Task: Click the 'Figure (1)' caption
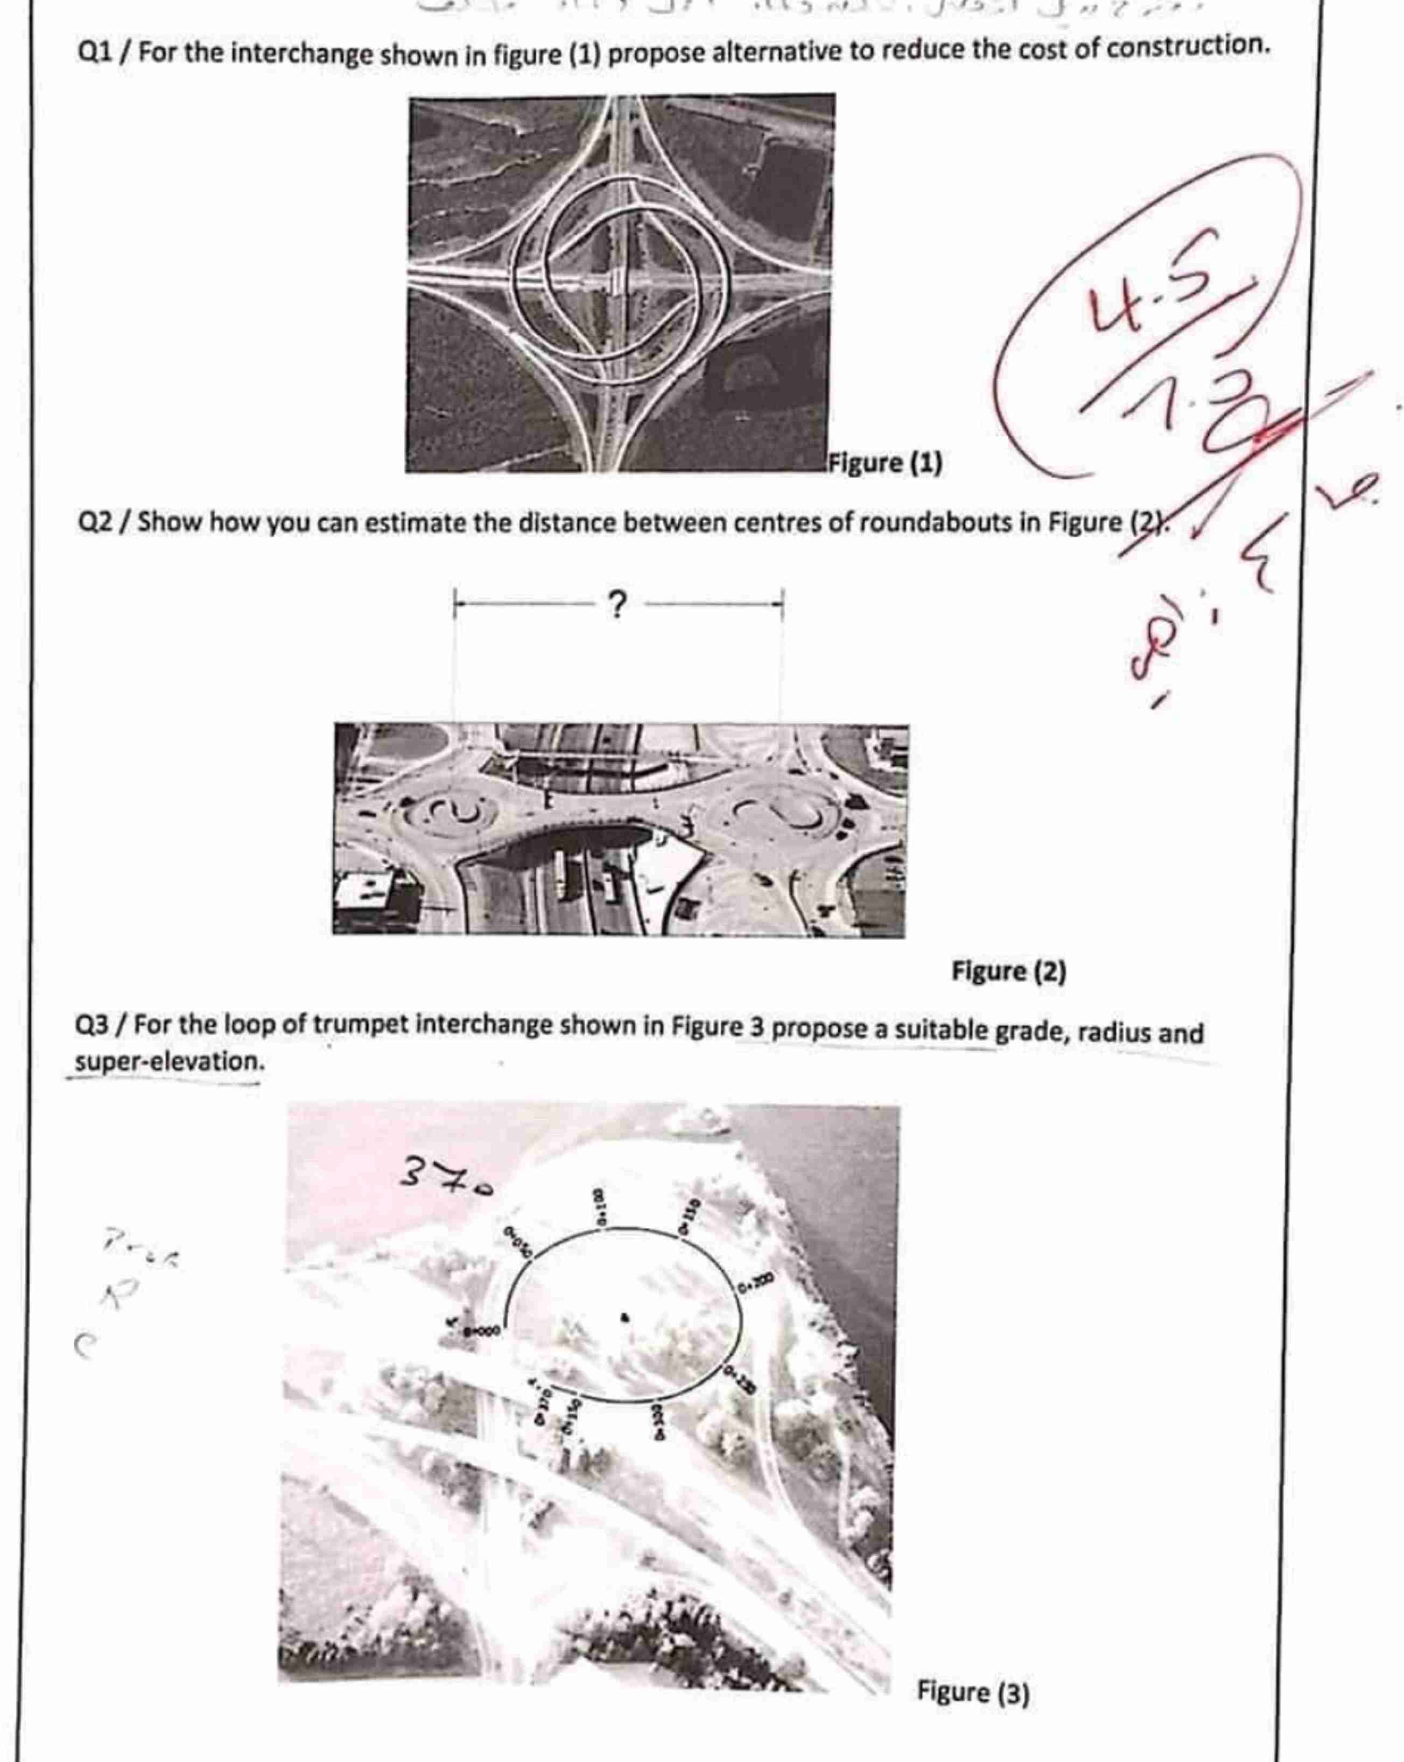pyautogui.click(x=884, y=463)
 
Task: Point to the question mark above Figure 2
pyautogui.click(x=618, y=605)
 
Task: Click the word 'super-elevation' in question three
pyautogui.click(x=169, y=1063)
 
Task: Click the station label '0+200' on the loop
pyautogui.click(x=756, y=1285)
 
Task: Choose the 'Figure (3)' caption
pyautogui.click(x=972, y=1691)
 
